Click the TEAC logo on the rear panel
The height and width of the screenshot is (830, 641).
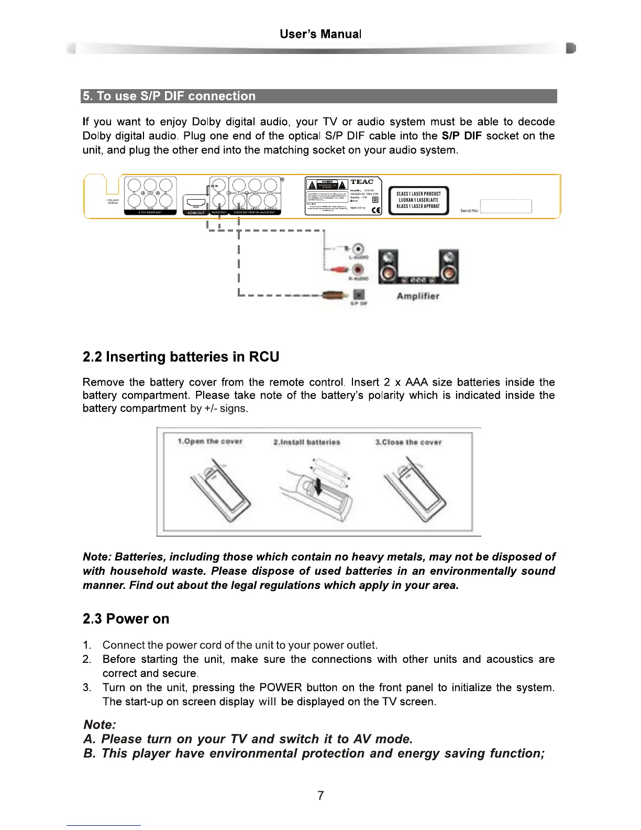pos(361,182)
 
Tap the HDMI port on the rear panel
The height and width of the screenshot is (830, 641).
pos(196,202)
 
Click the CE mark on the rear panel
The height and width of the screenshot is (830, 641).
pos(375,211)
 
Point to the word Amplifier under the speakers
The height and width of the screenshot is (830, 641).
pos(418,296)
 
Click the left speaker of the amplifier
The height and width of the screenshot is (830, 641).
pos(388,266)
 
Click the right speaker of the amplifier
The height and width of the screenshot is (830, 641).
pos(449,266)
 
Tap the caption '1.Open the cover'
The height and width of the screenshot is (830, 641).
pos(210,441)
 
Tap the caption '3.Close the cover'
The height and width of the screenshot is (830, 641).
pos(408,442)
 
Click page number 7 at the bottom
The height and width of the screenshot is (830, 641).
pos(320,796)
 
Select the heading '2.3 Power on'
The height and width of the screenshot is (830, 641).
pos(126,619)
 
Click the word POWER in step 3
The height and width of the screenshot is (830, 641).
pos(281,687)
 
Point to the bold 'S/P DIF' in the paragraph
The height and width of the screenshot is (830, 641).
pos(461,136)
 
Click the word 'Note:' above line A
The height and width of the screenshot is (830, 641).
pos(100,725)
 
